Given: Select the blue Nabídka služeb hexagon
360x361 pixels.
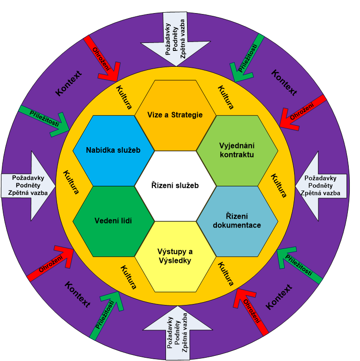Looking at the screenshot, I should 113,150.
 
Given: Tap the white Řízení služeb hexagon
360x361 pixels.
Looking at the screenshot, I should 175,185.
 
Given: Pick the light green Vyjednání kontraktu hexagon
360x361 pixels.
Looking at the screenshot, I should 237,150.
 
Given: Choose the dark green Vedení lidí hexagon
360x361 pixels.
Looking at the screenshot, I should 113,221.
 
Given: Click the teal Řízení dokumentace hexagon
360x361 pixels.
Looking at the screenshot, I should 237,221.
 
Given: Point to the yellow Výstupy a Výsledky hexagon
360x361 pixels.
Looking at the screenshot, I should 175,256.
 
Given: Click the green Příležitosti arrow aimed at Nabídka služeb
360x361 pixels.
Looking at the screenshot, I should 45,119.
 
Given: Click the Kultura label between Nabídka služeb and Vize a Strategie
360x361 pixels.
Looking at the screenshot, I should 123,97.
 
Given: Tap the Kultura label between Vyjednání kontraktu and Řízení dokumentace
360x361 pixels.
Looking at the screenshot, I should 279,185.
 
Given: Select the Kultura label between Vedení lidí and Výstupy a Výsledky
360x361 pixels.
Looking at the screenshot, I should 129,277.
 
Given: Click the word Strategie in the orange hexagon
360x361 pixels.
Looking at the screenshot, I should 187,115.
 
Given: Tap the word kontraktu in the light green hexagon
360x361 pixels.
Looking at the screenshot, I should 237,155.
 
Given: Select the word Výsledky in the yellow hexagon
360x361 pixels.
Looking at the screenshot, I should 175,261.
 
